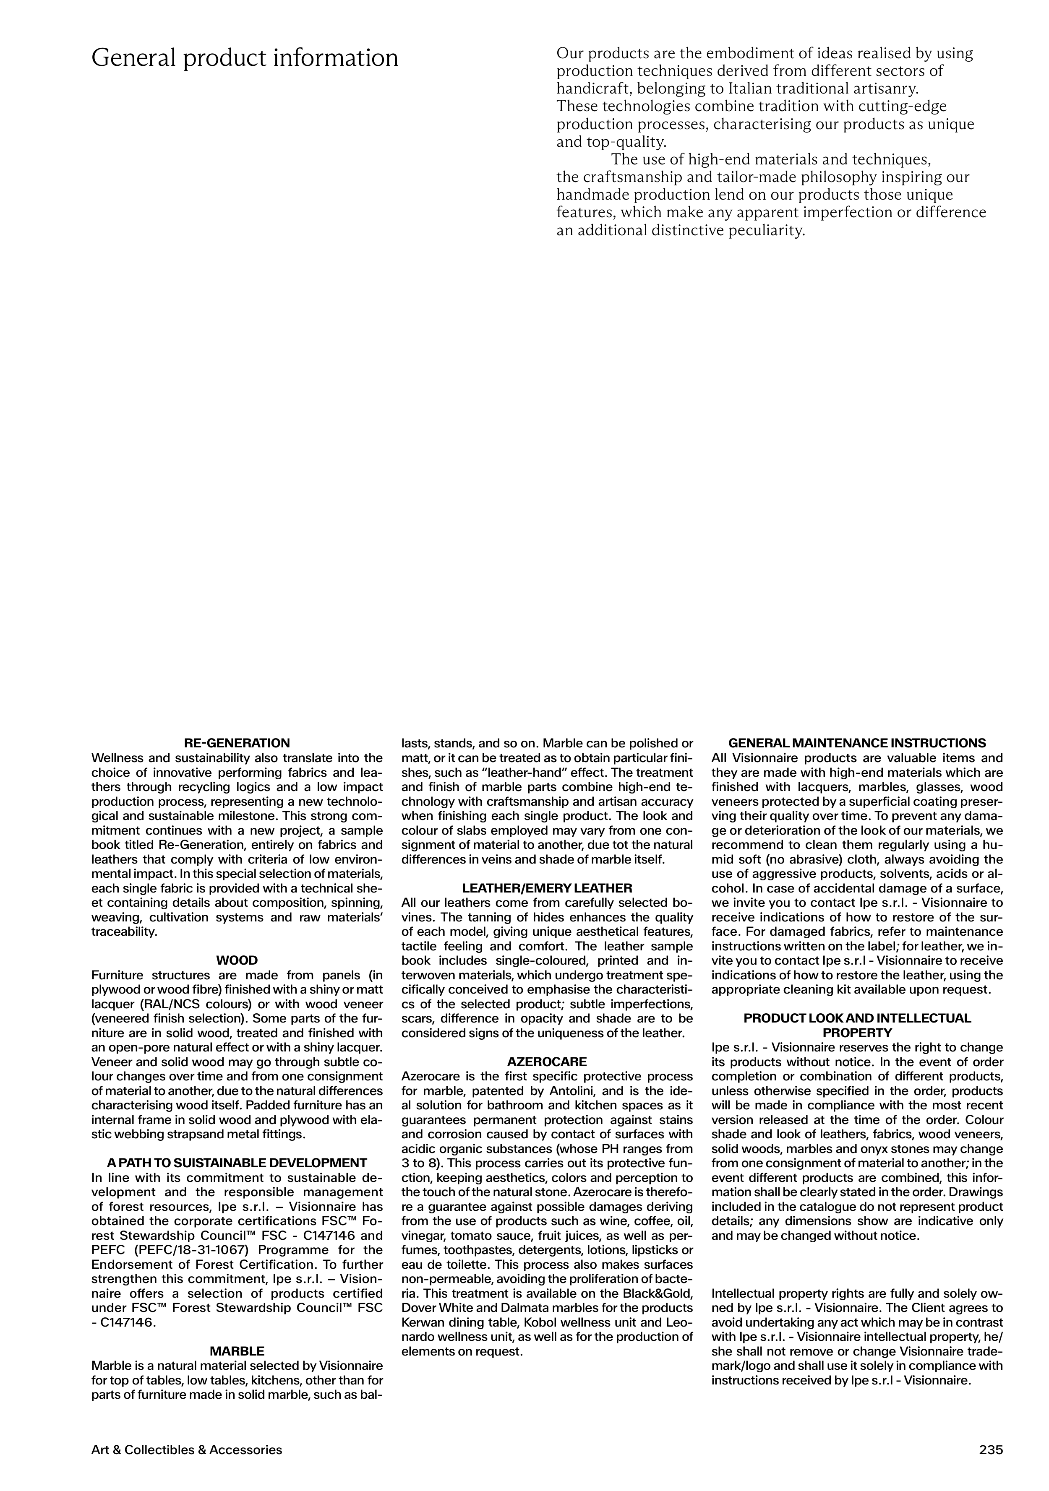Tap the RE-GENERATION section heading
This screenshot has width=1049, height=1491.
pos(237,743)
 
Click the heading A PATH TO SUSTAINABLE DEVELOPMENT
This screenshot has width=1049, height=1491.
pos(237,1163)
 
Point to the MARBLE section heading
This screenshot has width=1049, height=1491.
pos(237,1351)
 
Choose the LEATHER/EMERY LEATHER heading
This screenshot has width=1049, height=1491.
pos(547,888)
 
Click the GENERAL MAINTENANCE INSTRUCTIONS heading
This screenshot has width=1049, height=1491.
pos(857,743)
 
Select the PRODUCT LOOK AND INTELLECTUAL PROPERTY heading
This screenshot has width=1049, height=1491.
pos(857,1025)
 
